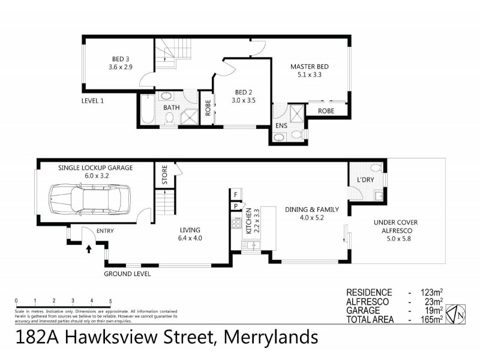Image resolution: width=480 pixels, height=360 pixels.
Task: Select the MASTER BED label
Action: coord(310,67)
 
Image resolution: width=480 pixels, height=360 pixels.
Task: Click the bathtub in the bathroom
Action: coord(147,109)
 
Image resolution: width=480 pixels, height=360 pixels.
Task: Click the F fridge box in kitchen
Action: coord(236,195)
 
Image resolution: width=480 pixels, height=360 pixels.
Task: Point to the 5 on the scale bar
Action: coord(110,301)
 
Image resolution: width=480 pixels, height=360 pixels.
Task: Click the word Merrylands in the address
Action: coord(271,337)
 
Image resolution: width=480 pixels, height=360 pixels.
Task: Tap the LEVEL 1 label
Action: coord(92,101)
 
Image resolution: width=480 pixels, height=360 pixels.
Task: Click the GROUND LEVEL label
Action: coord(127,274)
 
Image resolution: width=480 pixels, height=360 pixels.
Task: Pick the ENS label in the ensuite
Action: coord(281,125)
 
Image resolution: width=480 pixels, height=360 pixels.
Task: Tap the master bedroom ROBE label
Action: coord(326,111)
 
